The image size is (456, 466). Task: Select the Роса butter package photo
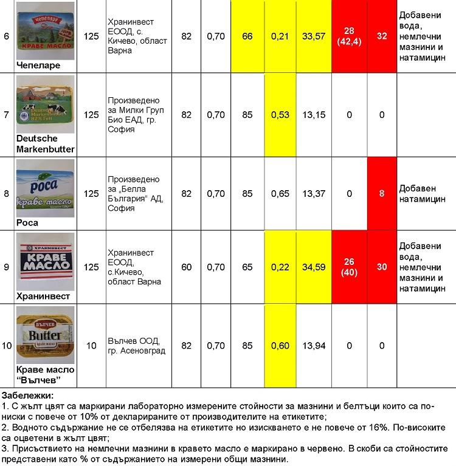tap(46, 188)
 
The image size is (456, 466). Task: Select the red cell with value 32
tap(382, 36)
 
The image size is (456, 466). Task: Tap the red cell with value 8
tap(382, 194)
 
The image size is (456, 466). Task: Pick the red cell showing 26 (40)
tap(349, 267)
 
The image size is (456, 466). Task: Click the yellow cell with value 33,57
tap(314, 36)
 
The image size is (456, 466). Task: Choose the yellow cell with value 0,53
tap(280, 115)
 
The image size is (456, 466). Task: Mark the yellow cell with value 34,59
tap(314, 267)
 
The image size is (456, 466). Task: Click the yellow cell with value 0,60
tap(280, 346)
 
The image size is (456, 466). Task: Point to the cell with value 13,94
tap(314, 346)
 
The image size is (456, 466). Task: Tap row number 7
tap(7, 115)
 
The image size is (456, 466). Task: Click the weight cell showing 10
tap(91, 346)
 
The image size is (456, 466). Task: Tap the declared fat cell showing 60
tap(186, 267)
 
